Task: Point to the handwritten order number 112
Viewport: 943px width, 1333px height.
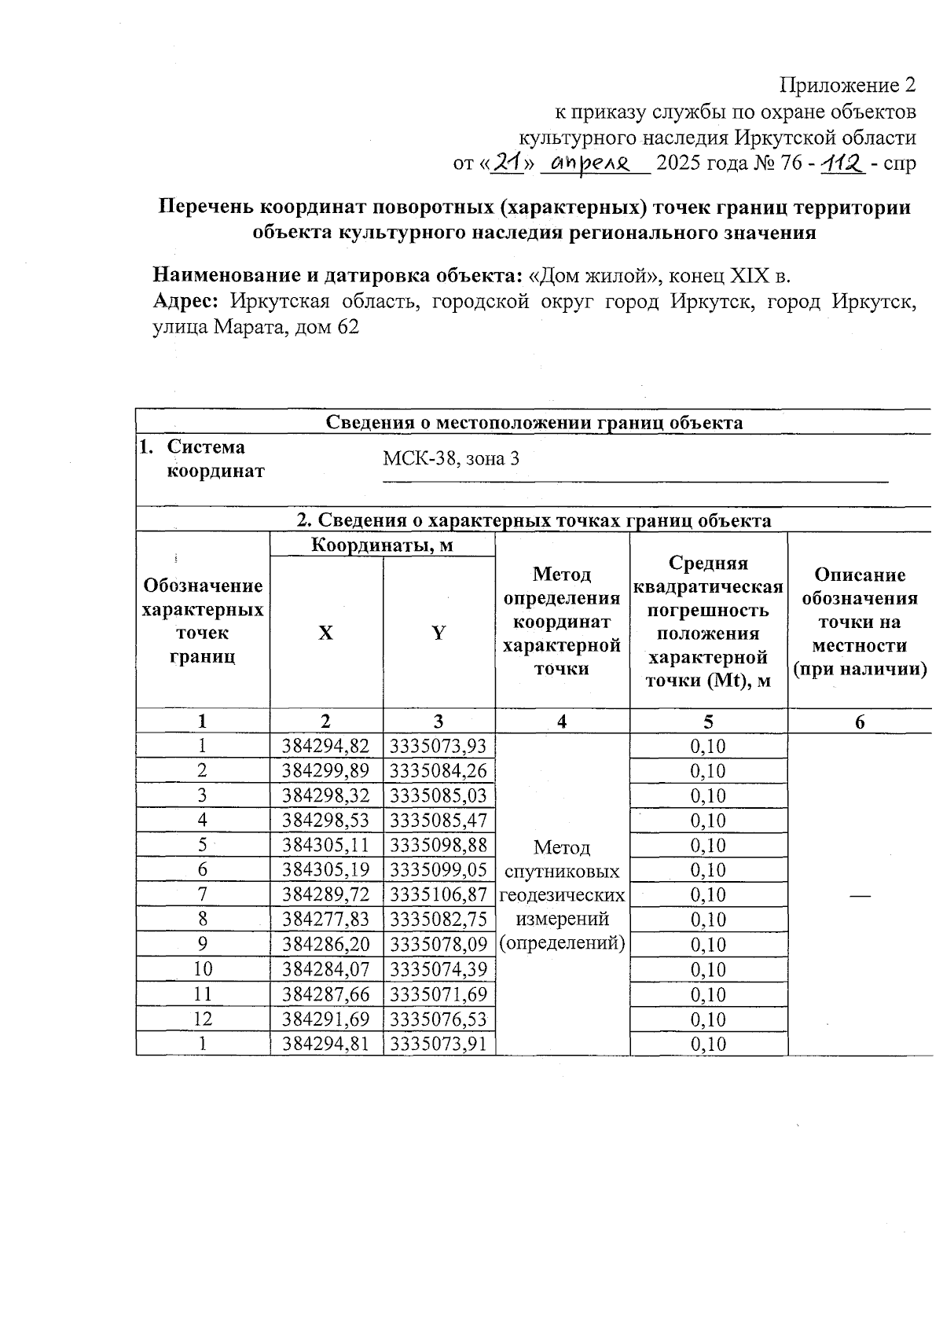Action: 842,163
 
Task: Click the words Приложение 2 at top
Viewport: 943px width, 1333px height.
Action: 847,85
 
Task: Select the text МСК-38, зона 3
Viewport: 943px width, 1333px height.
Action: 451,459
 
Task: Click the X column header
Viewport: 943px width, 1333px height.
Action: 325,633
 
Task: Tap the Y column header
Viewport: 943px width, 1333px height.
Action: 438,633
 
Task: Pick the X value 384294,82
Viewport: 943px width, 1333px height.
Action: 326,746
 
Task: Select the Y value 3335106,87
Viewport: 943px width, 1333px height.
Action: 438,895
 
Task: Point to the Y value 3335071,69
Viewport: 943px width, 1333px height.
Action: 438,994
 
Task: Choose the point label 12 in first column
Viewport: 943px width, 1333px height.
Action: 203,1019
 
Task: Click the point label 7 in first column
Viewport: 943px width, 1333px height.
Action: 203,895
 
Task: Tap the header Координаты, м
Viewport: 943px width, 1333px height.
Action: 382,545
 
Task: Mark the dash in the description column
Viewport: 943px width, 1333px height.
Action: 860,896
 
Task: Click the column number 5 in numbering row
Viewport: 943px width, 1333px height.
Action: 708,722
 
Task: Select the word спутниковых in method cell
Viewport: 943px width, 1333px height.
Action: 561,872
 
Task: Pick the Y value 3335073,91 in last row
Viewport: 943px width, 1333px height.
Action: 438,1045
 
